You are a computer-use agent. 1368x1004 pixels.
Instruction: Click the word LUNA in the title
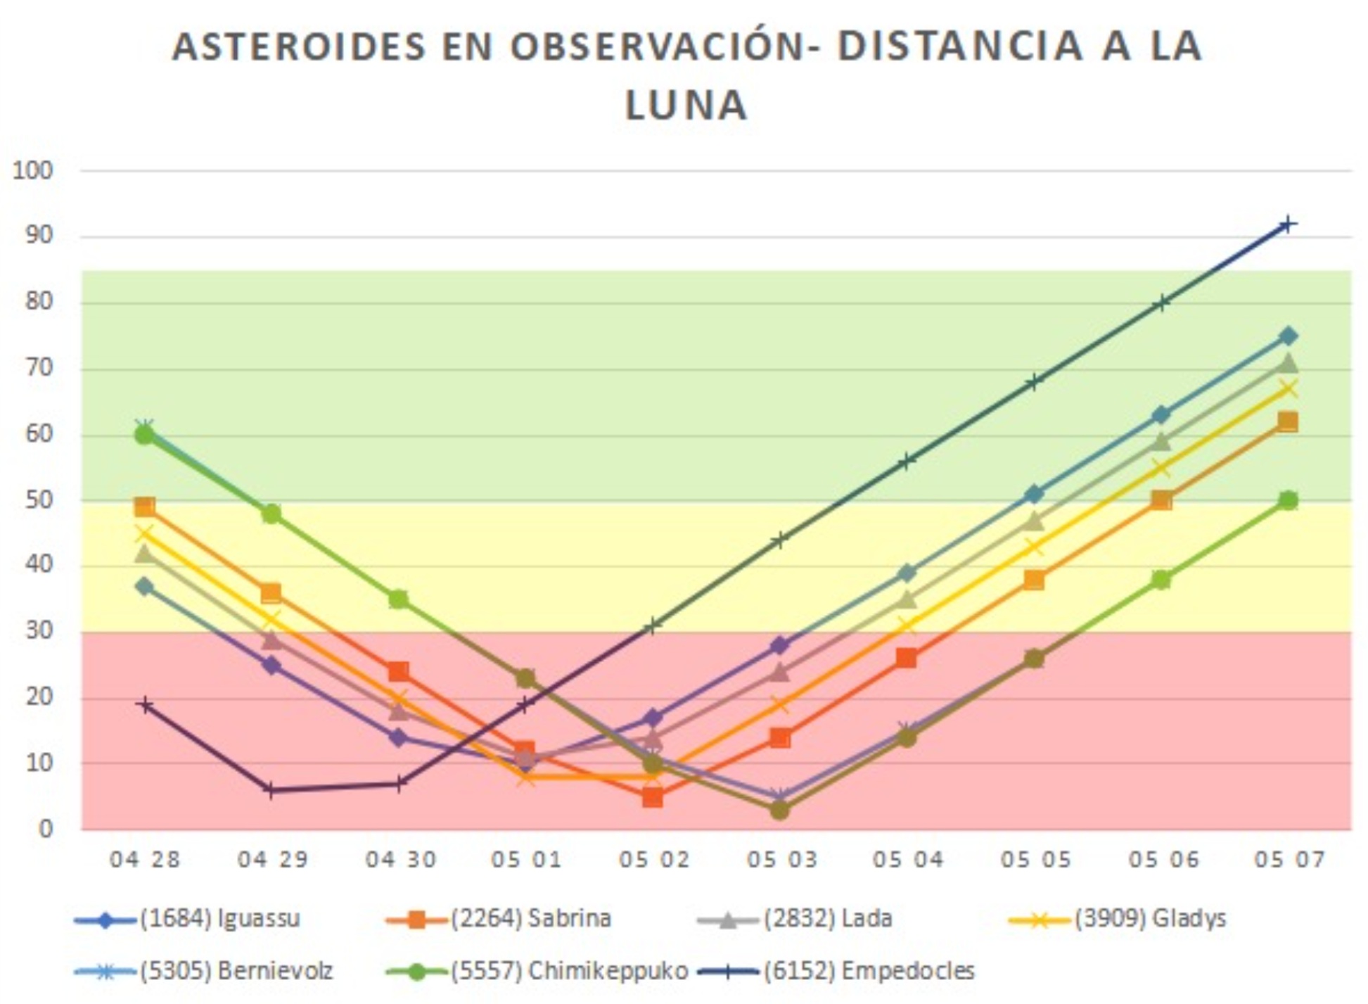[x=685, y=106]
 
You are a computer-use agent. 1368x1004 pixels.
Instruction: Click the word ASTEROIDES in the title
[x=299, y=46]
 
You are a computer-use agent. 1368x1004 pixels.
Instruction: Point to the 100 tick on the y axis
[x=33, y=170]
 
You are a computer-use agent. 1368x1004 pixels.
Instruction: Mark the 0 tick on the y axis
[x=45, y=829]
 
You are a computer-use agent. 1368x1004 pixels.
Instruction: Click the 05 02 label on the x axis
[x=653, y=860]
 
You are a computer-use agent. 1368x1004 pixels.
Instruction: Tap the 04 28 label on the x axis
[x=145, y=860]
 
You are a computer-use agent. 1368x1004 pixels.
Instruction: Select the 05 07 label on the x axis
[x=1289, y=860]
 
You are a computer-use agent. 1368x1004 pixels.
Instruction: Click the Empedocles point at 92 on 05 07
[x=1288, y=225]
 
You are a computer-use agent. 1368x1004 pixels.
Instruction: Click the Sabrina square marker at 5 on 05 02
[x=652, y=797]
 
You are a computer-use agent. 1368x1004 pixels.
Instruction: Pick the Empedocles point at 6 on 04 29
[x=271, y=790]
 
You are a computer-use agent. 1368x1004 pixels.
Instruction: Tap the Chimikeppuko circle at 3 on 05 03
[x=779, y=810]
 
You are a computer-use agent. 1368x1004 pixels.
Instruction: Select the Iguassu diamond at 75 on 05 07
[x=1288, y=336]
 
